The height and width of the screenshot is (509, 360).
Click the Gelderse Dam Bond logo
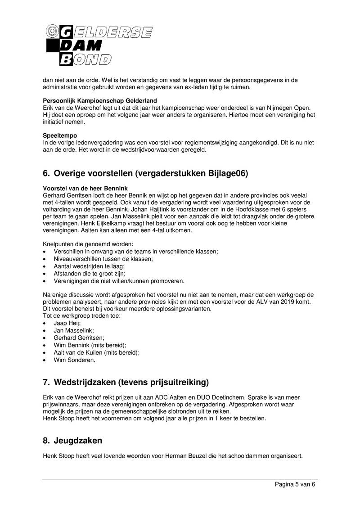coord(99,45)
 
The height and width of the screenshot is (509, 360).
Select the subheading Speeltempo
coord(60,135)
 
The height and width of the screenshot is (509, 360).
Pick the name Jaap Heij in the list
coord(67,323)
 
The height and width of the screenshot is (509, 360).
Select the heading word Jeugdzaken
coord(78,441)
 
